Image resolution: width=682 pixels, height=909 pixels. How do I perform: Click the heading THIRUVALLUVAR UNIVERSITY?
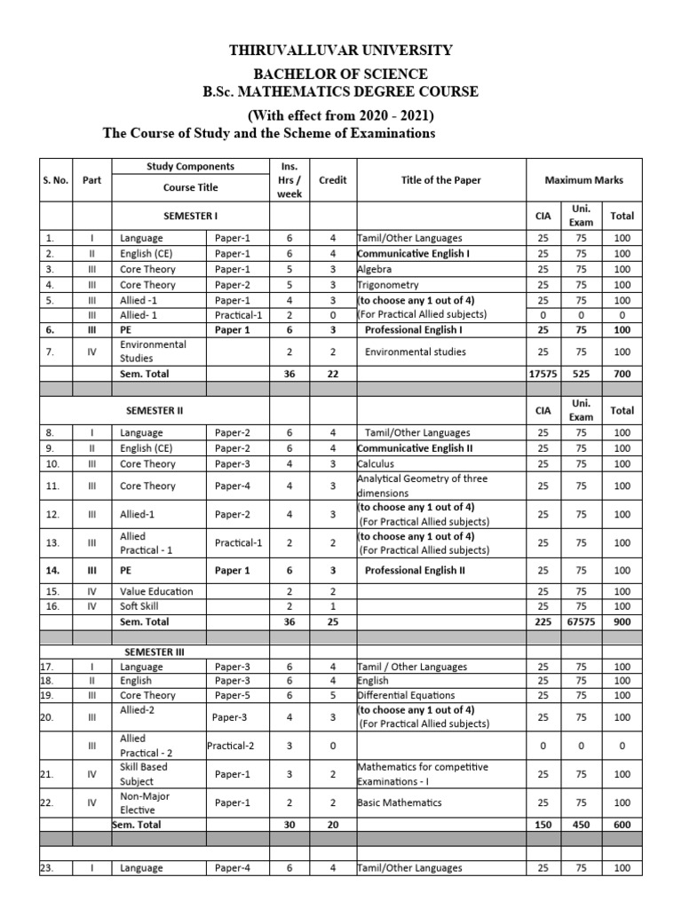341,51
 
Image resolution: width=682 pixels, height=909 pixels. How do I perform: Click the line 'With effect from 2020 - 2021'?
341,115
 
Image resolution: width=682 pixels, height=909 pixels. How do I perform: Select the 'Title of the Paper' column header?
440,180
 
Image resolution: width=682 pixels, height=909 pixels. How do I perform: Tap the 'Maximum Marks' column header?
583,180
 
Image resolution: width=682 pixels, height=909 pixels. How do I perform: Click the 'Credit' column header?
332,180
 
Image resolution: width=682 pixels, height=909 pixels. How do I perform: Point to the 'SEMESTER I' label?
190,216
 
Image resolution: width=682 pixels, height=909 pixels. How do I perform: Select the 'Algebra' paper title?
377,269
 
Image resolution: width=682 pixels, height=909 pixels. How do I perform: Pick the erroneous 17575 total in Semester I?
543,374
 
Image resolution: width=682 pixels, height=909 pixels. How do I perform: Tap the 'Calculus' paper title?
377,463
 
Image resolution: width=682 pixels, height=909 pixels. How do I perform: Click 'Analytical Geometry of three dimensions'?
422,486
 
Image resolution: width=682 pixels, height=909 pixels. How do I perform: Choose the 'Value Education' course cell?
156,591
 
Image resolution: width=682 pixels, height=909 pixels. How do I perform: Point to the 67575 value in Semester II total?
581,622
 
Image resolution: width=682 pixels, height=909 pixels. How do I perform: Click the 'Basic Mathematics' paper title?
400,802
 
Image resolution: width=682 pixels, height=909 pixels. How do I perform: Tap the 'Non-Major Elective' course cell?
145,802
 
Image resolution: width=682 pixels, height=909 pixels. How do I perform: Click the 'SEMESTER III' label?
155,652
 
